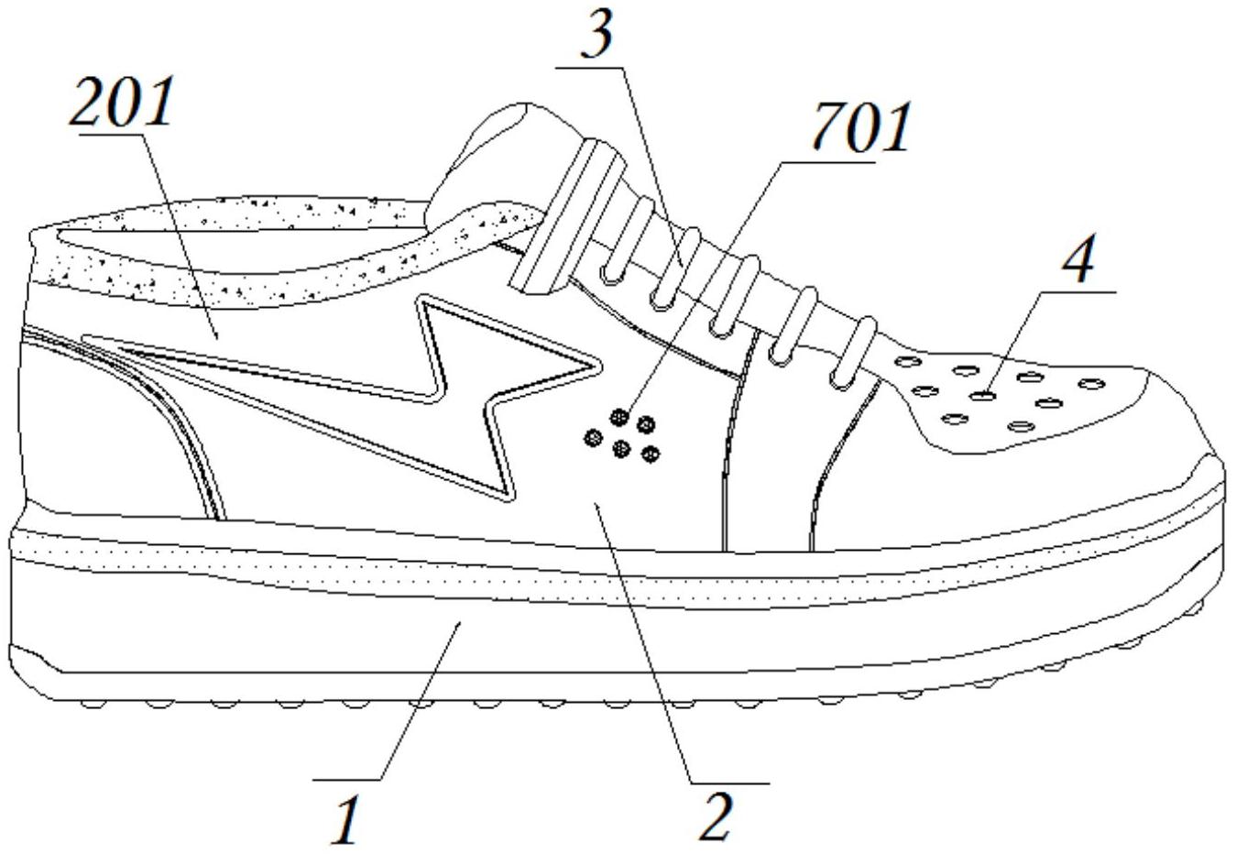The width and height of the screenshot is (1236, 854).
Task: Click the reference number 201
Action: coord(123,103)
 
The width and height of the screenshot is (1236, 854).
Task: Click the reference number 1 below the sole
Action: coord(345,819)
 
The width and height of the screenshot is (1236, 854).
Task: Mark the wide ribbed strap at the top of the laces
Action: coord(563,220)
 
